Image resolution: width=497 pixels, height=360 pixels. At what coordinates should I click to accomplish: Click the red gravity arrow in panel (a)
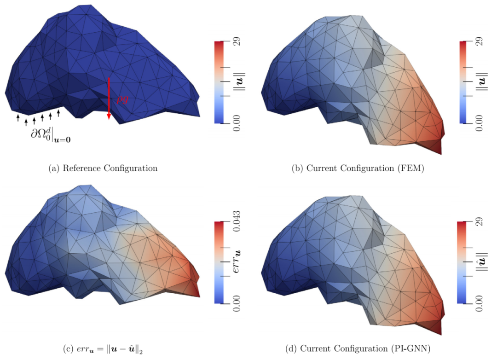point(109,99)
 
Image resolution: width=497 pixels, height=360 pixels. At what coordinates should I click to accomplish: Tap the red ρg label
point(122,99)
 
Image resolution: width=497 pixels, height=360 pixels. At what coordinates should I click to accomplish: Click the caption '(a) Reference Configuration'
point(103,168)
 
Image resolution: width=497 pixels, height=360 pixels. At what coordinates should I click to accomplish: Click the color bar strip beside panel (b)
point(463,82)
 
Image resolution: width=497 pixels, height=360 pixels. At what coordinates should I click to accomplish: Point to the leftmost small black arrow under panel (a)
point(18,118)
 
